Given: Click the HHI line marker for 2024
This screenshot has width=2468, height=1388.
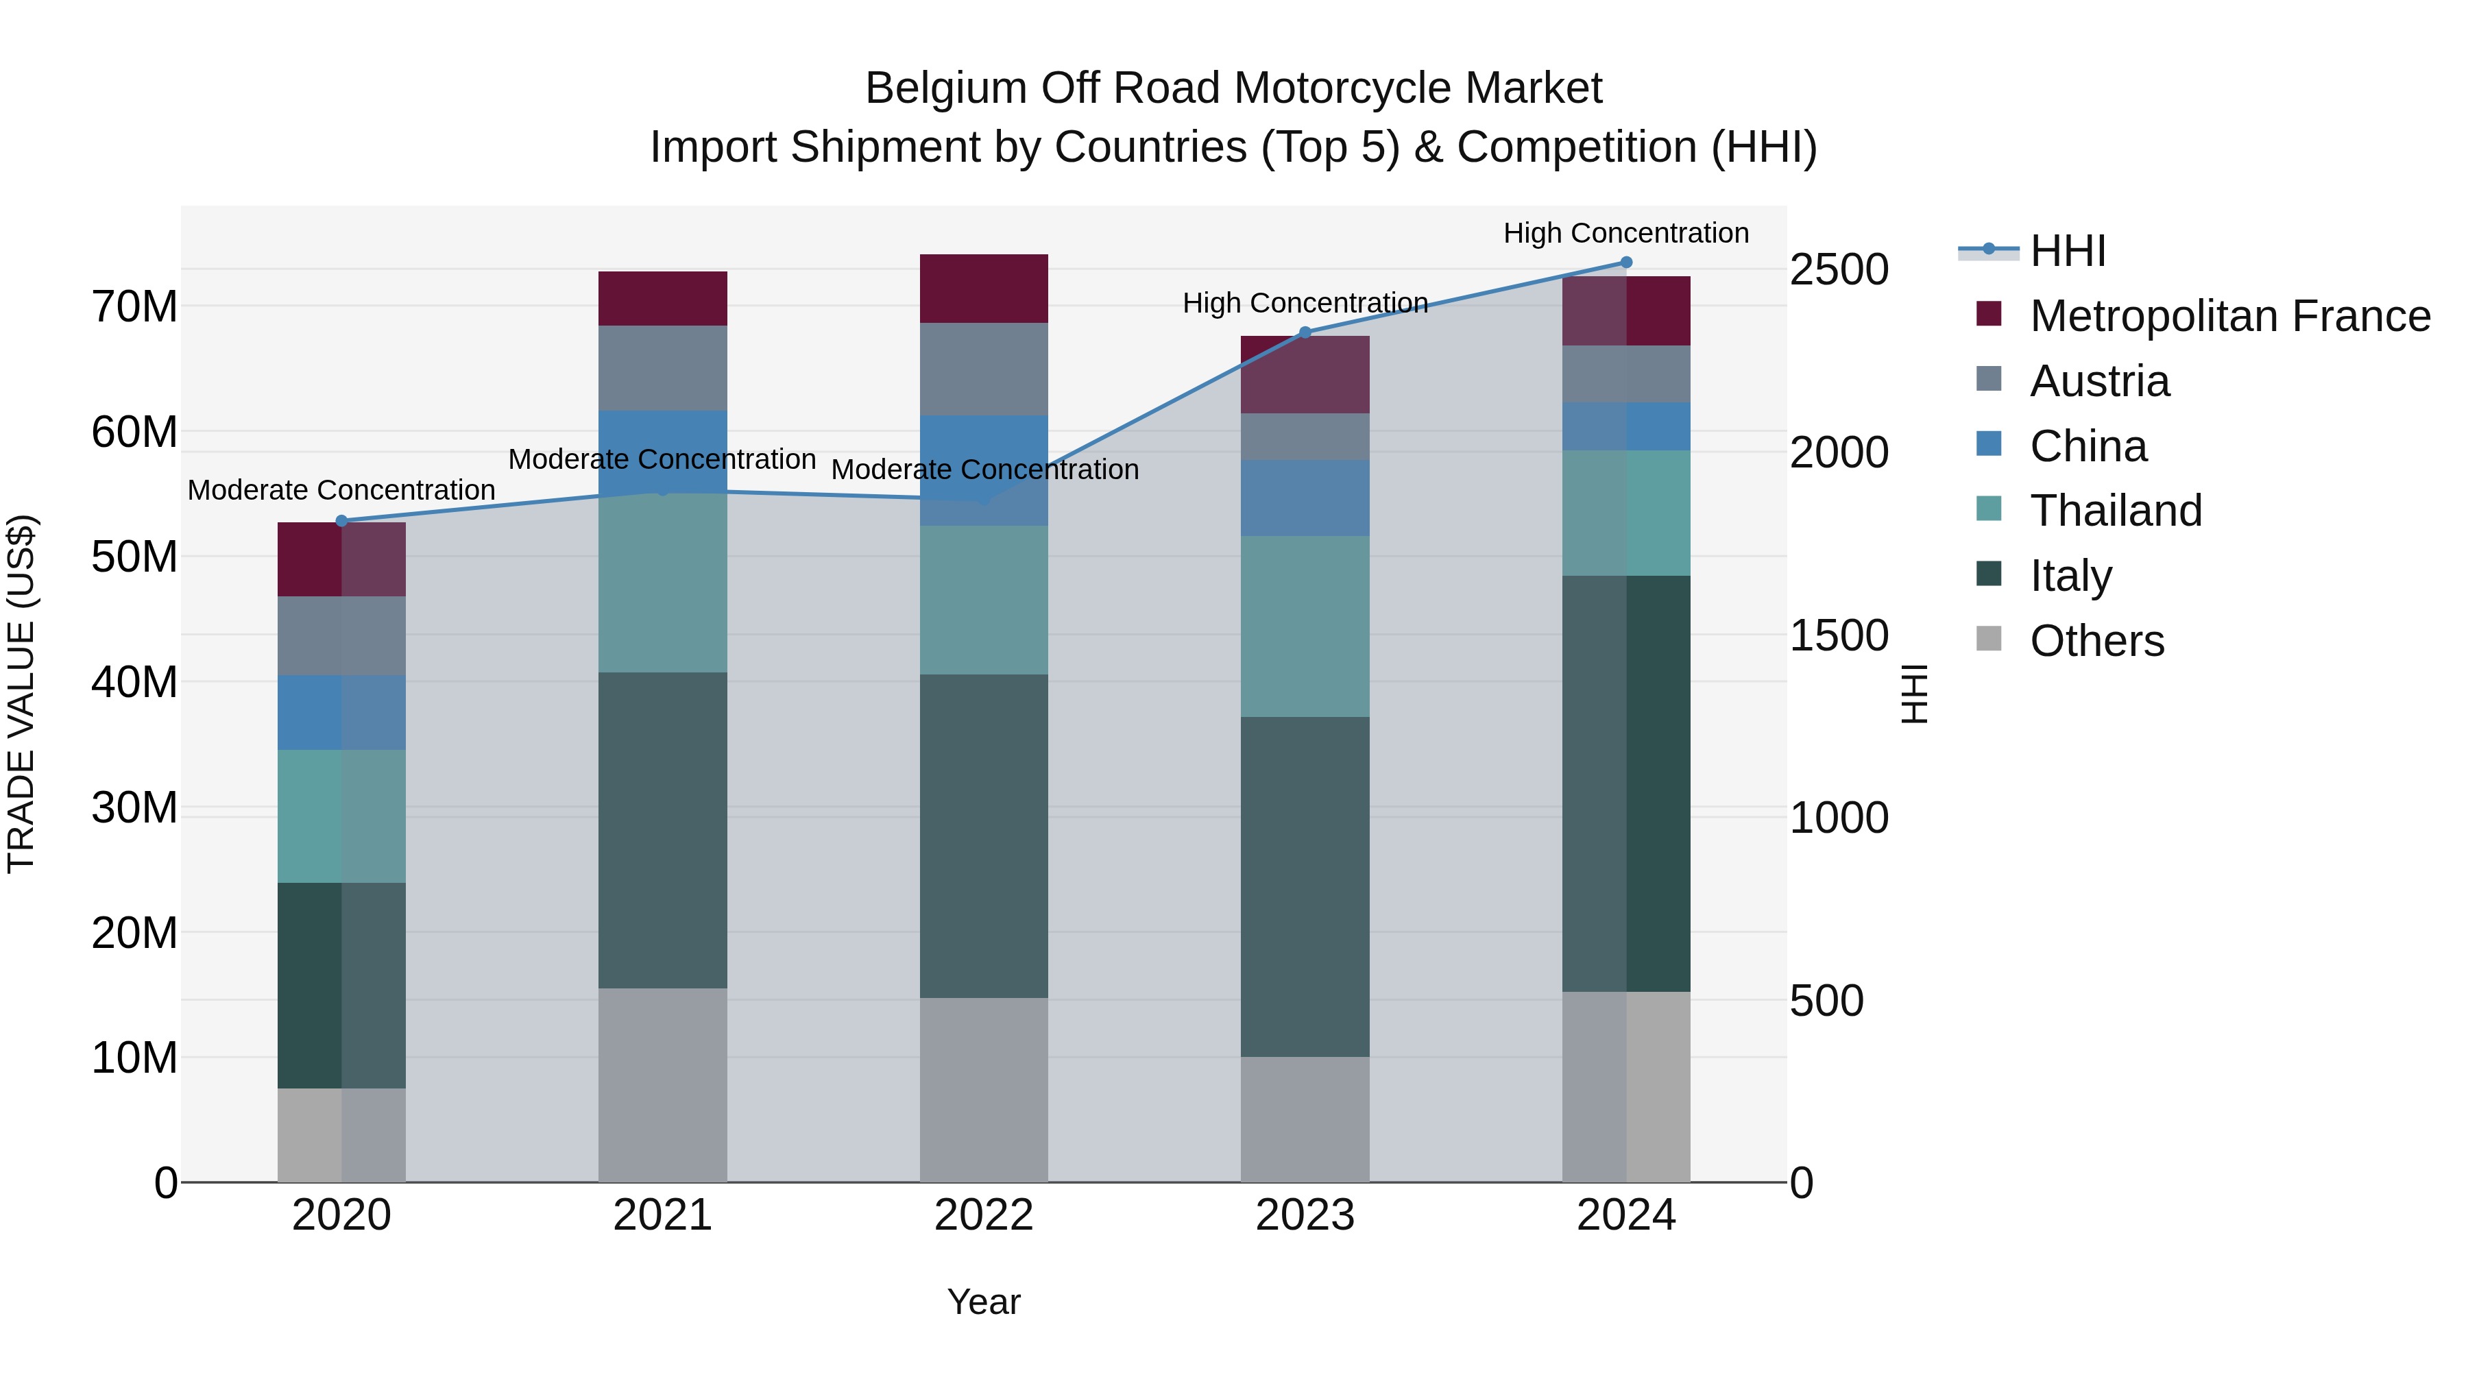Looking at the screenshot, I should pyautogui.click(x=1626, y=263).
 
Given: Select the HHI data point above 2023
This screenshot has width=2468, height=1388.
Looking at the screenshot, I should pyautogui.click(x=1304, y=332).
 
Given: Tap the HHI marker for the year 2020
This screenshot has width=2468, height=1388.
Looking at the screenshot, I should pyautogui.click(x=341, y=521).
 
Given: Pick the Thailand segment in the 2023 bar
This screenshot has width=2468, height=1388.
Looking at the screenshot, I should pyautogui.click(x=1304, y=626).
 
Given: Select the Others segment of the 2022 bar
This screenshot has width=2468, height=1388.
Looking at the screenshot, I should pyautogui.click(x=983, y=1090).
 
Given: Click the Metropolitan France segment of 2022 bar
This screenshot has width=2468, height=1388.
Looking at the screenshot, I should pyautogui.click(x=983, y=289).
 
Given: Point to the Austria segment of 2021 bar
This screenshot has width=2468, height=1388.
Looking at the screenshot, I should pyautogui.click(x=662, y=368).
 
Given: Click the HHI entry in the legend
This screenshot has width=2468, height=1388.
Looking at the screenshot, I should pyautogui.click(x=2068, y=251).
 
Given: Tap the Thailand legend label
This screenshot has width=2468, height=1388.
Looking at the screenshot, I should pyautogui.click(x=2116, y=511).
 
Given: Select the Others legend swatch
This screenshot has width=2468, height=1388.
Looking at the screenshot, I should pyautogui.click(x=1989, y=639).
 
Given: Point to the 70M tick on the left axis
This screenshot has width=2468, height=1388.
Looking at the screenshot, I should pyautogui.click(x=134, y=306).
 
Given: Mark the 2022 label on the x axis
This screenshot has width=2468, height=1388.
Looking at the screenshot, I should pyautogui.click(x=983, y=1215).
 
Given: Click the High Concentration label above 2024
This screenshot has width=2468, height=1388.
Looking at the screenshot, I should pyautogui.click(x=1626, y=233).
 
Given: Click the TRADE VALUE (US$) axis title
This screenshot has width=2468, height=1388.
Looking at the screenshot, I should pyautogui.click(x=21, y=694).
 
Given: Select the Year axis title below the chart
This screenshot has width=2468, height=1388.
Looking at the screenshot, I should pyautogui.click(x=983, y=1302).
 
